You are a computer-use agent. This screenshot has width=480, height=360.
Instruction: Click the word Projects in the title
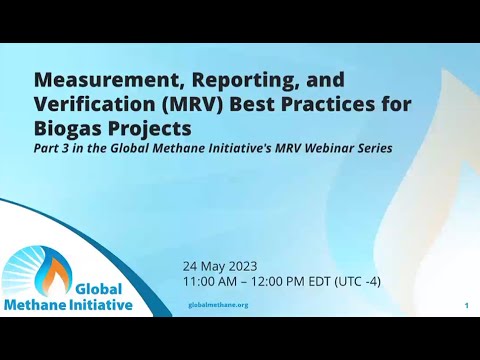pos(149,129)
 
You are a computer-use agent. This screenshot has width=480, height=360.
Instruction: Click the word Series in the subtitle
pos(375,148)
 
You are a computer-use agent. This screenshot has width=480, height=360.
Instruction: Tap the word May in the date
pos(211,267)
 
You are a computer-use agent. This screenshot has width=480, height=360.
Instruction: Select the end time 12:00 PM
pos(278,282)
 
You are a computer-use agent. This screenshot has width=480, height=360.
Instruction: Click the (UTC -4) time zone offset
pos(357,282)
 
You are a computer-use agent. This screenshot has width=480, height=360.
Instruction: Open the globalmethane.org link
pos(218,305)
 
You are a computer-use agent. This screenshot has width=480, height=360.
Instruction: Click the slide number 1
pos(467,305)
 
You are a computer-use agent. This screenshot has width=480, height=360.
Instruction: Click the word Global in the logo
pos(99,289)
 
